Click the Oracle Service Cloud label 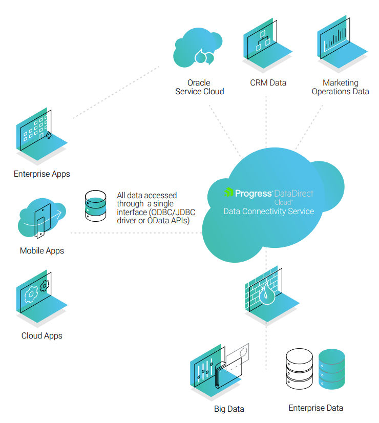tap(199, 87)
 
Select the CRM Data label tap(268, 82)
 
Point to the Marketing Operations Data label tap(340, 87)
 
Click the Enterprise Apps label tap(42, 174)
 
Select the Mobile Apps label tap(42, 251)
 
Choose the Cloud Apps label tap(42, 336)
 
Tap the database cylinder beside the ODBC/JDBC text tap(96, 205)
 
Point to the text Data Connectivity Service tap(268, 211)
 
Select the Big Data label tap(229, 409)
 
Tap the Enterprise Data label tap(315, 408)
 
